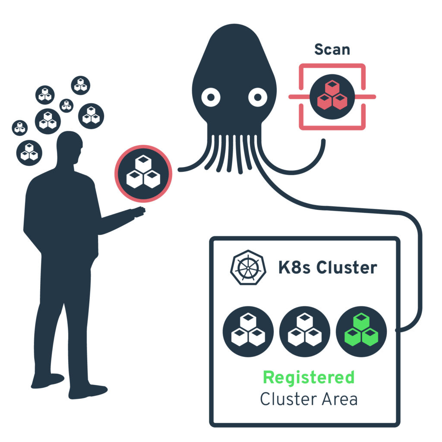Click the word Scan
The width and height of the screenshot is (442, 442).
[332, 49]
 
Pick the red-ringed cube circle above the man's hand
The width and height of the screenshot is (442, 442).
[143, 174]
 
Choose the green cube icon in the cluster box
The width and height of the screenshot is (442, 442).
[361, 331]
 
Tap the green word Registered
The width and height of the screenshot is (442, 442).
[309, 377]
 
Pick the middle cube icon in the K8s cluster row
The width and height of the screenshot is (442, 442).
[305, 331]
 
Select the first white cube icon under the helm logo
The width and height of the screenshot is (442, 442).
[248, 331]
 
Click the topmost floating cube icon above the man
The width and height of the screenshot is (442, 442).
[80, 85]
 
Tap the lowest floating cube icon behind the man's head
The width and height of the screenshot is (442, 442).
[29, 152]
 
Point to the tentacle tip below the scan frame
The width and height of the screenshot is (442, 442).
[323, 142]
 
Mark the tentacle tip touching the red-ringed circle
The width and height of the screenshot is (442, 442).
[179, 170]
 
